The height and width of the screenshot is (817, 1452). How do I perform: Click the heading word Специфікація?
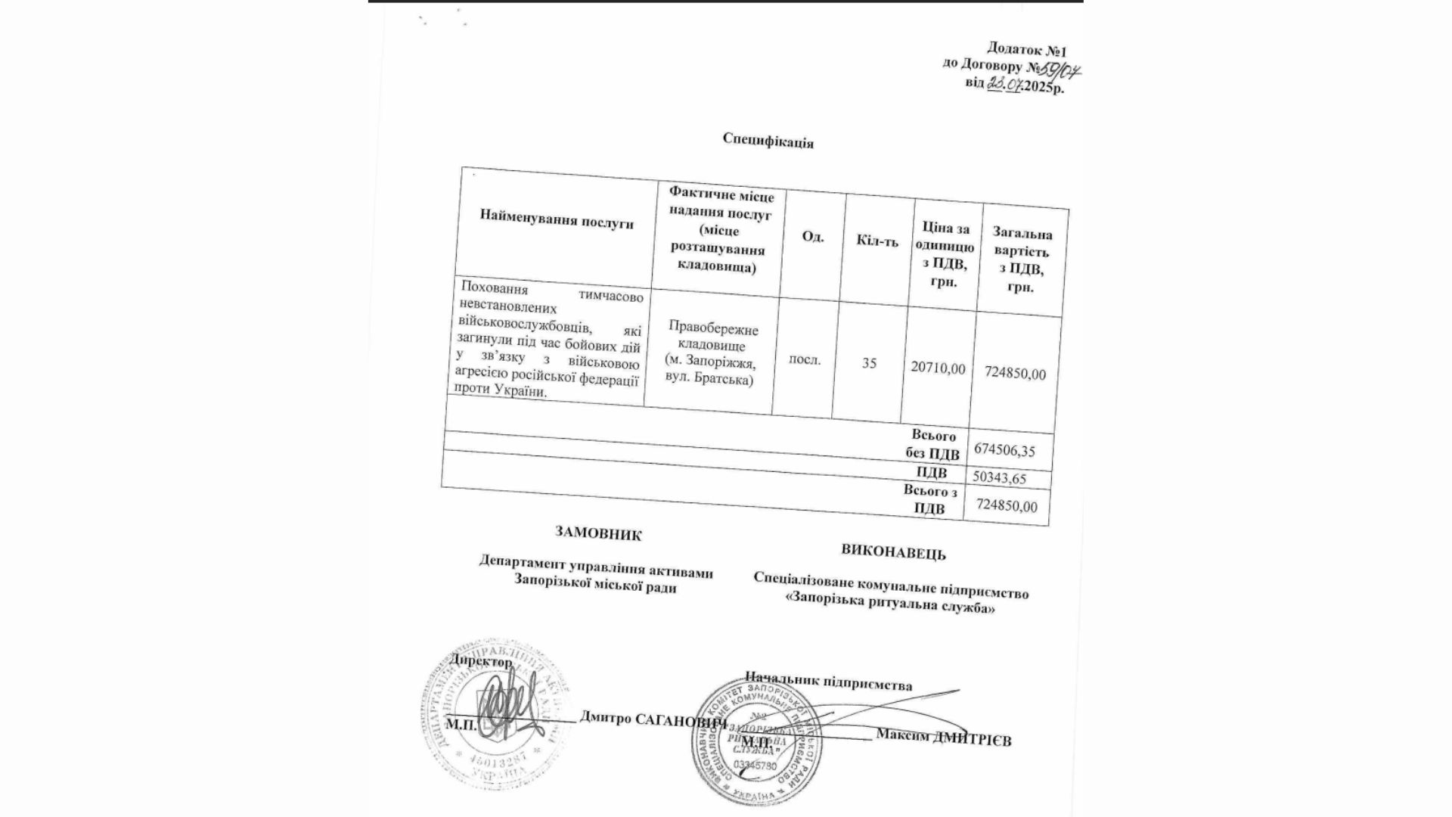768,140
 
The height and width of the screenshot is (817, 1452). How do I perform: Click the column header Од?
812,237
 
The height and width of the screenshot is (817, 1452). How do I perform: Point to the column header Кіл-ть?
877,241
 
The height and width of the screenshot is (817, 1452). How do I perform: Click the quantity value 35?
869,363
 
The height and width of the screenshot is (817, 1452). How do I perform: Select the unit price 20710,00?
938,368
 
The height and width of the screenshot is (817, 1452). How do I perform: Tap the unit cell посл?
805,359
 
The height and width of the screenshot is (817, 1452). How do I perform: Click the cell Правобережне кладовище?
712,337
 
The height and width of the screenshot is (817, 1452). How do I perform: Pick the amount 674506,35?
1004,450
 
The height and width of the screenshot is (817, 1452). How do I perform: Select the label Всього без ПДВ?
933,446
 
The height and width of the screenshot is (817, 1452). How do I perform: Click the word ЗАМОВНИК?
598,533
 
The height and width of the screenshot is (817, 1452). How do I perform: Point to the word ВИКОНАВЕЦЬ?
893,551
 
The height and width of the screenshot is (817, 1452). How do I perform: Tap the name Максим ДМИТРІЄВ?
943,737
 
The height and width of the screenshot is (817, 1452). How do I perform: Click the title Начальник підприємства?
828,681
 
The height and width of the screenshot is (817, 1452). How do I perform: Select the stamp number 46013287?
501,757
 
